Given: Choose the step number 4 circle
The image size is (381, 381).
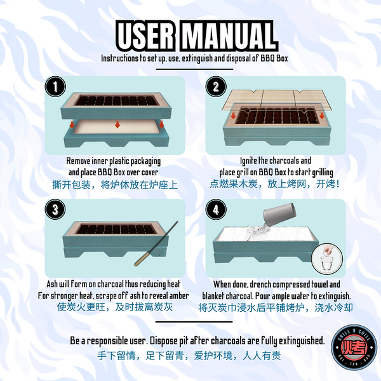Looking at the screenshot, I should pos(216,208).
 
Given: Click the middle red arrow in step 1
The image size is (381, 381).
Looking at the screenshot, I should pos(117,124).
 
